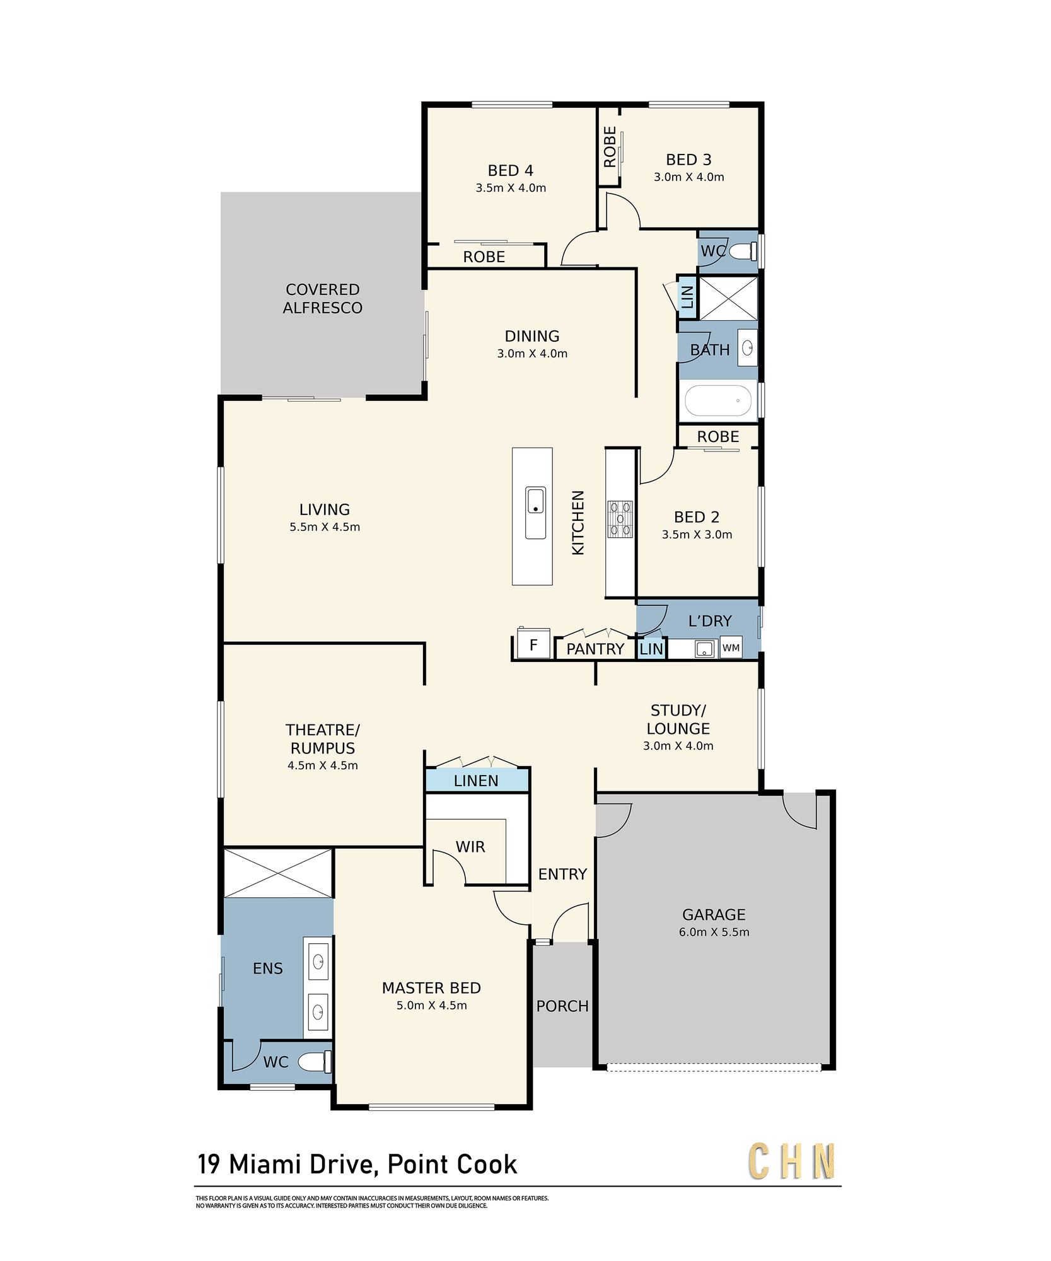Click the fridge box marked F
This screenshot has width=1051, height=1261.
point(533,644)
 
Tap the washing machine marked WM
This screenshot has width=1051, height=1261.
point(731,648)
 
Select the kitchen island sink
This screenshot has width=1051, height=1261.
point(535,513)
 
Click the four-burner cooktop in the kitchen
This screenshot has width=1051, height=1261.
point(620,519)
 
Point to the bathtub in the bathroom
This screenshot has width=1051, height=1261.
point(718,400)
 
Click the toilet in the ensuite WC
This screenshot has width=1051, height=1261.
point(315,1061)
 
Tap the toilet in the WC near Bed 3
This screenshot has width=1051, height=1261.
point(743,251)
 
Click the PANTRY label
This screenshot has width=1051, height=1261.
point(595,649)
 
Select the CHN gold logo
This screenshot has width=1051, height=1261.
point(792,1161)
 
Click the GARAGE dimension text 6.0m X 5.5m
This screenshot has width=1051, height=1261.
point(714,932)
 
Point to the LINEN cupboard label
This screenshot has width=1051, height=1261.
point(476,781)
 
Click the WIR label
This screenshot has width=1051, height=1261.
point(470,847)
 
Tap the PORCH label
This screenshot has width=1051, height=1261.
point(562,1006)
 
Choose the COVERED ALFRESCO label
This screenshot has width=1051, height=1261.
point(323,299)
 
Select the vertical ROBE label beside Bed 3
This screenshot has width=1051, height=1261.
point(610,147)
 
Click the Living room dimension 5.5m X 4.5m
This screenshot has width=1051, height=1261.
point(325,527)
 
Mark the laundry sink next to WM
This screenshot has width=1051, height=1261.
point(704,649)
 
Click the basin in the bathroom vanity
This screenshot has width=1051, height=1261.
point(748,347)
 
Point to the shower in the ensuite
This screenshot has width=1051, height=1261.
point(278,873)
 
